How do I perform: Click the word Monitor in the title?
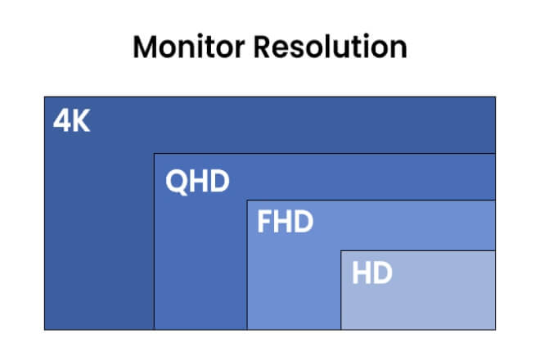click(x=189, y=47)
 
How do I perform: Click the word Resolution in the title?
click(x=331, y=47)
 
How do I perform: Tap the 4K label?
click(x=72, y=120)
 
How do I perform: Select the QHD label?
click(x=197, y=181)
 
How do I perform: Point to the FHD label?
click(x=286, y=222)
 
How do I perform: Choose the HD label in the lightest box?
click(x=372, y=272)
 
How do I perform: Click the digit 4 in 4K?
click(x=61, y=120)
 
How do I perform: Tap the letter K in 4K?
click(x=81, y=120)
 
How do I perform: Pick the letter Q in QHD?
click(x=177, y=182)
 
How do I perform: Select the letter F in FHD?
click(x=264, y=222)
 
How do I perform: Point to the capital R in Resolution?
click(x=263, y=47)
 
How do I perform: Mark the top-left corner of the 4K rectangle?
click(x=44, y=97)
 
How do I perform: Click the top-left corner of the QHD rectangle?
click(x=155, y=154)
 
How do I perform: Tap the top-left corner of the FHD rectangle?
click(x=247, y=200)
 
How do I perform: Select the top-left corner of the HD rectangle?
click(x=341, y=251)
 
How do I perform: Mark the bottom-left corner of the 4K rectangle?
click(x=44, y=330)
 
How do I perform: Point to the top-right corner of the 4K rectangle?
click(x=496, y=97)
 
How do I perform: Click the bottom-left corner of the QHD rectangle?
click(x=155, y=330)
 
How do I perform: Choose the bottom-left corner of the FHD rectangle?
click(x=247, y=330)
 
